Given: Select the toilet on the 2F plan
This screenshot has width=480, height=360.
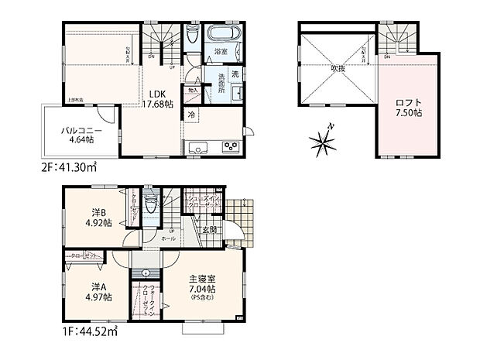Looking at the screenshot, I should click(192, 36).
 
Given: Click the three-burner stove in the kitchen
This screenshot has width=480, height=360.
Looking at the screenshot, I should click(230, 146).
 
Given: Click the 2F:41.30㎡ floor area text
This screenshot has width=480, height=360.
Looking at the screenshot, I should click(67, 166).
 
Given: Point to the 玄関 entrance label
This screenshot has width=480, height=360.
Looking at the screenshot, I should click(211, 229).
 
